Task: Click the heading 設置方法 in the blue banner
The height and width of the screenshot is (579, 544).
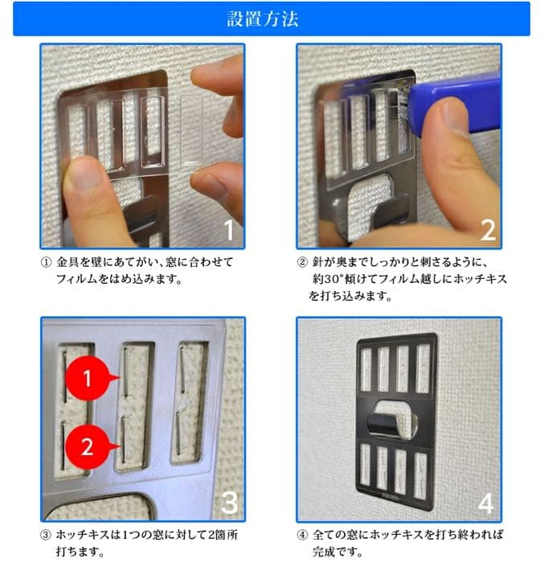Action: [x=271, y=18]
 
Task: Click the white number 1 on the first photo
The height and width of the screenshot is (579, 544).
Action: [x=227, y=229]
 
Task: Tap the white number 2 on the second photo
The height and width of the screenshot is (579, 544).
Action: [x=487, y=229]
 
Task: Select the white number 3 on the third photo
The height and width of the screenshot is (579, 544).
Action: [x=228, y=502]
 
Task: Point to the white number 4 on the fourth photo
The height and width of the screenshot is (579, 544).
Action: [x=485, y=503]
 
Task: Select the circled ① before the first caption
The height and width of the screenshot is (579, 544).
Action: [x=45, y=263]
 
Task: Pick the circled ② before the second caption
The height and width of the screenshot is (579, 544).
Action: [x=302, y=263]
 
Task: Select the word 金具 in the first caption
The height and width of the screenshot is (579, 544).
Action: [x=67, y=263]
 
